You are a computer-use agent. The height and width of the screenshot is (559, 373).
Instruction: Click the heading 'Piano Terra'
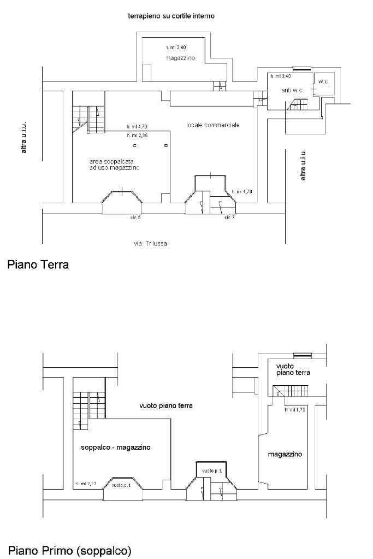(38, 266)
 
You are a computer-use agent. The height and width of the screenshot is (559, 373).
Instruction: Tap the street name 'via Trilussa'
(151, 243)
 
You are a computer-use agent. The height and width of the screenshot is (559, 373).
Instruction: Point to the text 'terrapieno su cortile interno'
(171, 16)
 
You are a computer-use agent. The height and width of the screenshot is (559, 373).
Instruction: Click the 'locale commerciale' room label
(212, 125)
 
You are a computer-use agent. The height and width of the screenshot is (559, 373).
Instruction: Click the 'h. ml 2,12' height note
(86, 484)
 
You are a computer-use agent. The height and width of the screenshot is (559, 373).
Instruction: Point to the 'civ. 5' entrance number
(135, 217)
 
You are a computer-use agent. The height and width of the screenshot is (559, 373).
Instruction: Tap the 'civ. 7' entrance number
(229, 217)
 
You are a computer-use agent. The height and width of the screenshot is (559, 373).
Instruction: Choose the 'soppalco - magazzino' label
(115, 447)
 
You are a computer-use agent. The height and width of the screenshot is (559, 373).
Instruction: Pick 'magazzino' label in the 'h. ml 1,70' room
(285, 454)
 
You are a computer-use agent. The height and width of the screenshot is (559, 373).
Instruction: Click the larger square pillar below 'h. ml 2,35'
(166, 146)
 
